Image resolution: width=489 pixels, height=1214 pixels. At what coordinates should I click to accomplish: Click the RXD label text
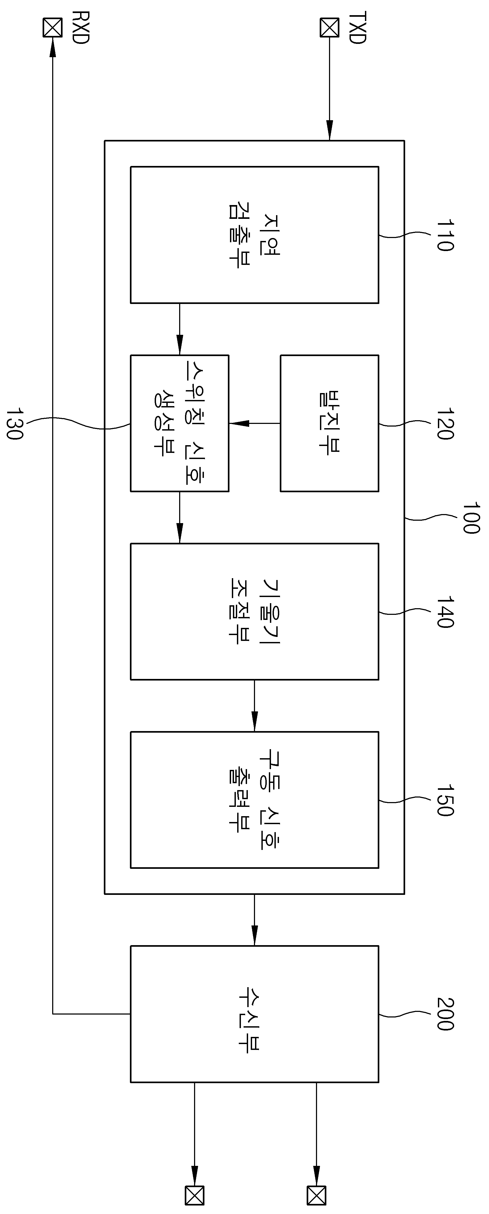[x=81, y=28]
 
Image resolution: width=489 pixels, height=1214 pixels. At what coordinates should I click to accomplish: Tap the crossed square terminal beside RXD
[x=52, y=27]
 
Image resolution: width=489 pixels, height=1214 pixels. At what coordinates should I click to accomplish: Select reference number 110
[x=445, y=235]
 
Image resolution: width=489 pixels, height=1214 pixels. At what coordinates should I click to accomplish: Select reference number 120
[x=445, y=423]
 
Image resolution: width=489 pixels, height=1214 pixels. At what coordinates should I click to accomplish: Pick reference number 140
[x=445, y=612]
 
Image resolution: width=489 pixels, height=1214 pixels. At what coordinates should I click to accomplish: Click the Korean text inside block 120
[x=329, y=423]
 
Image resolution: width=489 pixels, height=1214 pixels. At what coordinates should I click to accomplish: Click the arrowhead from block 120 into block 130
[x=239, y=423]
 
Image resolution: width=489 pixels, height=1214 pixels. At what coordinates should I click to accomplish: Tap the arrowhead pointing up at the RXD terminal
[x=52, y=47]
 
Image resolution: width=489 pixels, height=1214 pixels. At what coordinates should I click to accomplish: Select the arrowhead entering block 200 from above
[x=255, y=936]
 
